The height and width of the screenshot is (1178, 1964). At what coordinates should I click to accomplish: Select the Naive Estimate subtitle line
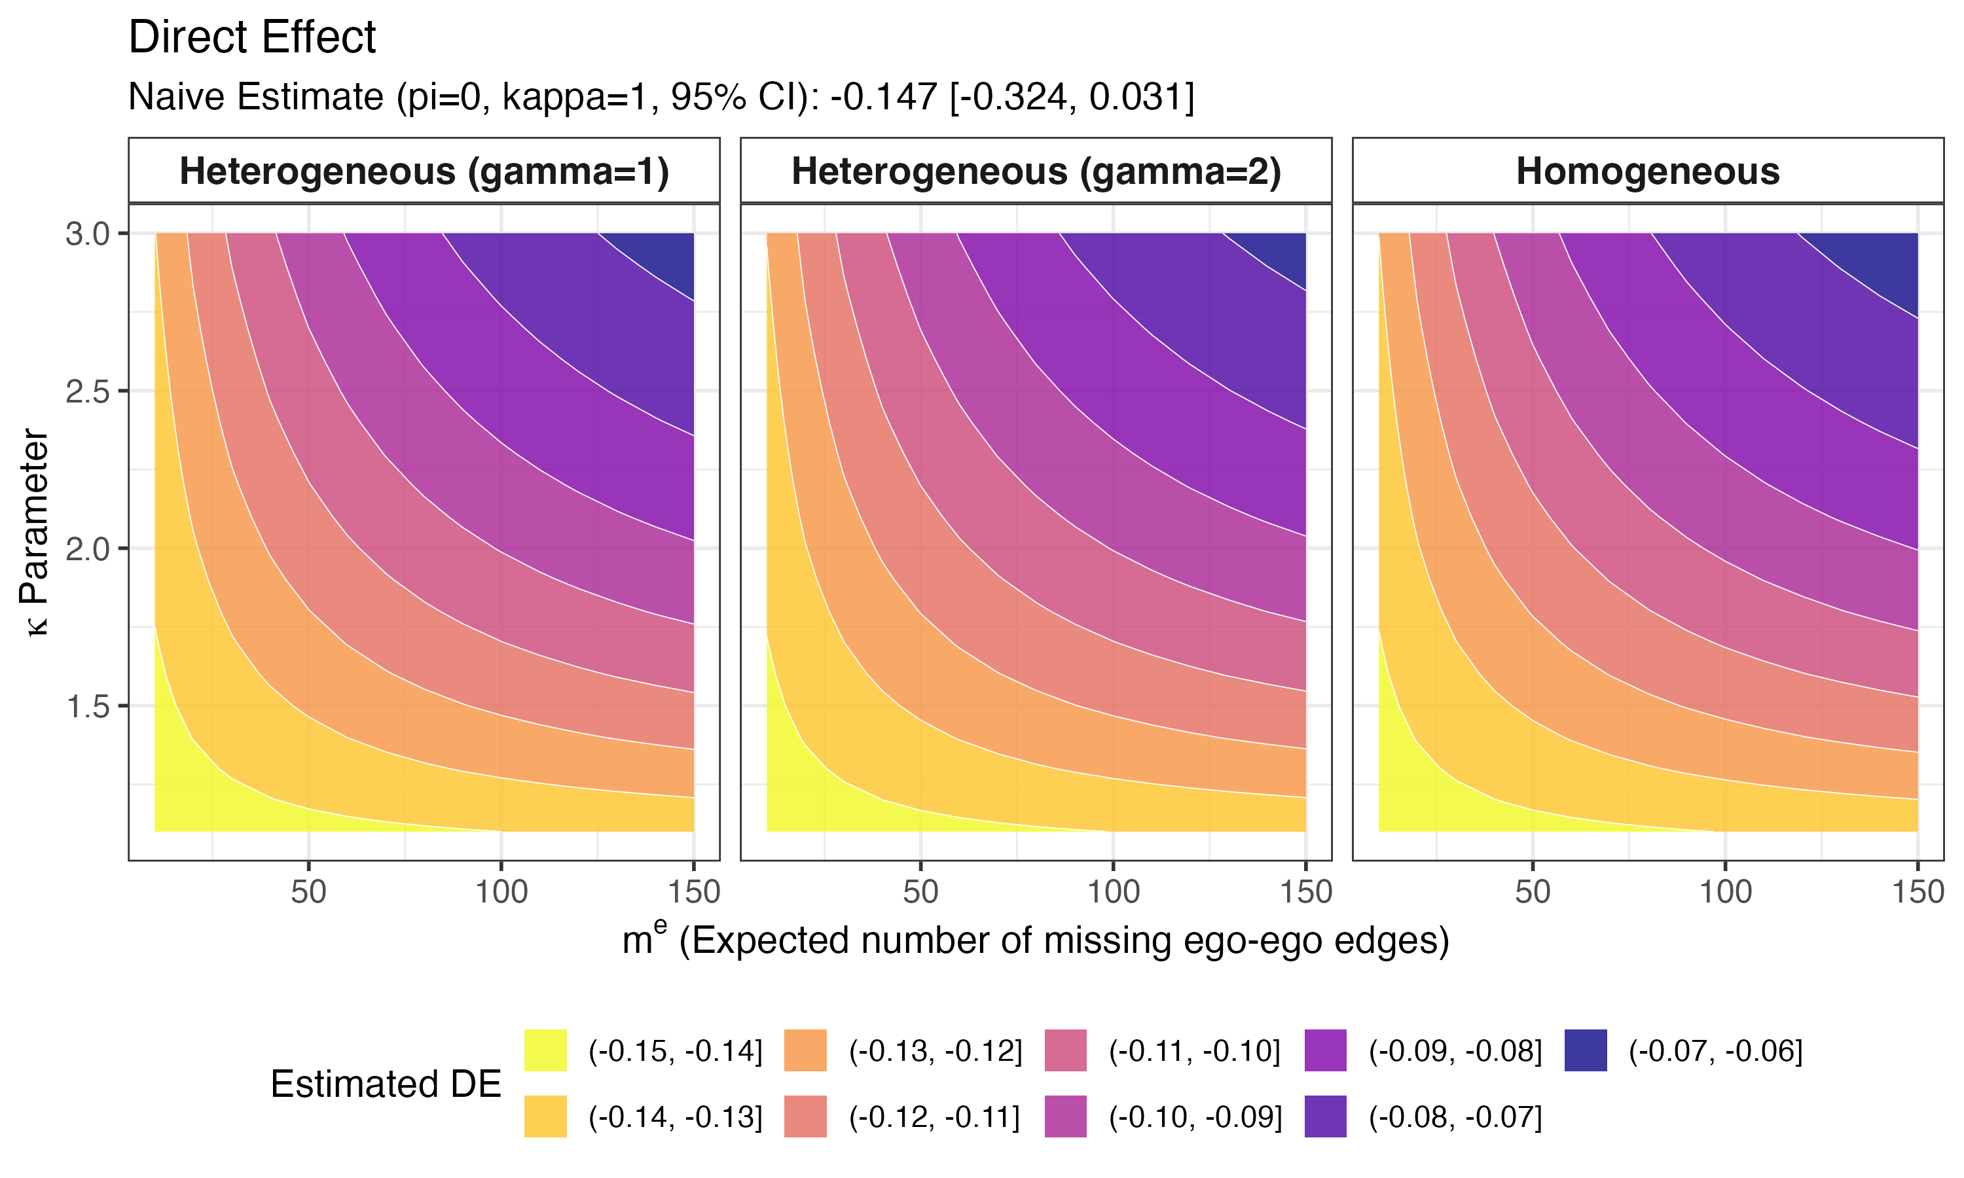[x=661, y=97]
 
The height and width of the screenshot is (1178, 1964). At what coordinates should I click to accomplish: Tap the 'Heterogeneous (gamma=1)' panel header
[x=424, y=171]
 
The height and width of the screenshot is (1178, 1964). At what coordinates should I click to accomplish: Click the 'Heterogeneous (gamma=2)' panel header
[x=1036, y=171]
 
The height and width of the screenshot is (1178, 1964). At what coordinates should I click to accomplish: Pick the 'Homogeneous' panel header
[x=1648, y=171]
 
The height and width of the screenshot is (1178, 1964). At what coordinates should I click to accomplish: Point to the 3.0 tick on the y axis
[x=88, y=234]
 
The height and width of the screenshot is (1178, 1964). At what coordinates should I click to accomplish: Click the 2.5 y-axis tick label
[x=88, y=391]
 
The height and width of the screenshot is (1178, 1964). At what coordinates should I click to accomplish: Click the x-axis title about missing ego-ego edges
[x=1036, y=940]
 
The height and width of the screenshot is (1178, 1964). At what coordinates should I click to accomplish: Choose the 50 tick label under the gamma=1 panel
[x=308, y=892]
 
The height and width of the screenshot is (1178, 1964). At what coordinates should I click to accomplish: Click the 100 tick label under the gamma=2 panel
[x=1113, y=892]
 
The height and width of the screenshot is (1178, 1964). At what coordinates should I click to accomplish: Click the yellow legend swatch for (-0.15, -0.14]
[x=545, y=1050]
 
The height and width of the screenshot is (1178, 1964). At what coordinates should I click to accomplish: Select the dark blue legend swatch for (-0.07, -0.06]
[x=1586, y=1050]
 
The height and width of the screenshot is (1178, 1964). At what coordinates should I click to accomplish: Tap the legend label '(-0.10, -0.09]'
[x=1195, y=1117]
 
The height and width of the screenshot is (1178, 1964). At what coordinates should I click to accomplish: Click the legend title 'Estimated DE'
[x=386, y=1084]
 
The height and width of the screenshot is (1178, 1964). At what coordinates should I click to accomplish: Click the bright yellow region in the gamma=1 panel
[x=191, y=786]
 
